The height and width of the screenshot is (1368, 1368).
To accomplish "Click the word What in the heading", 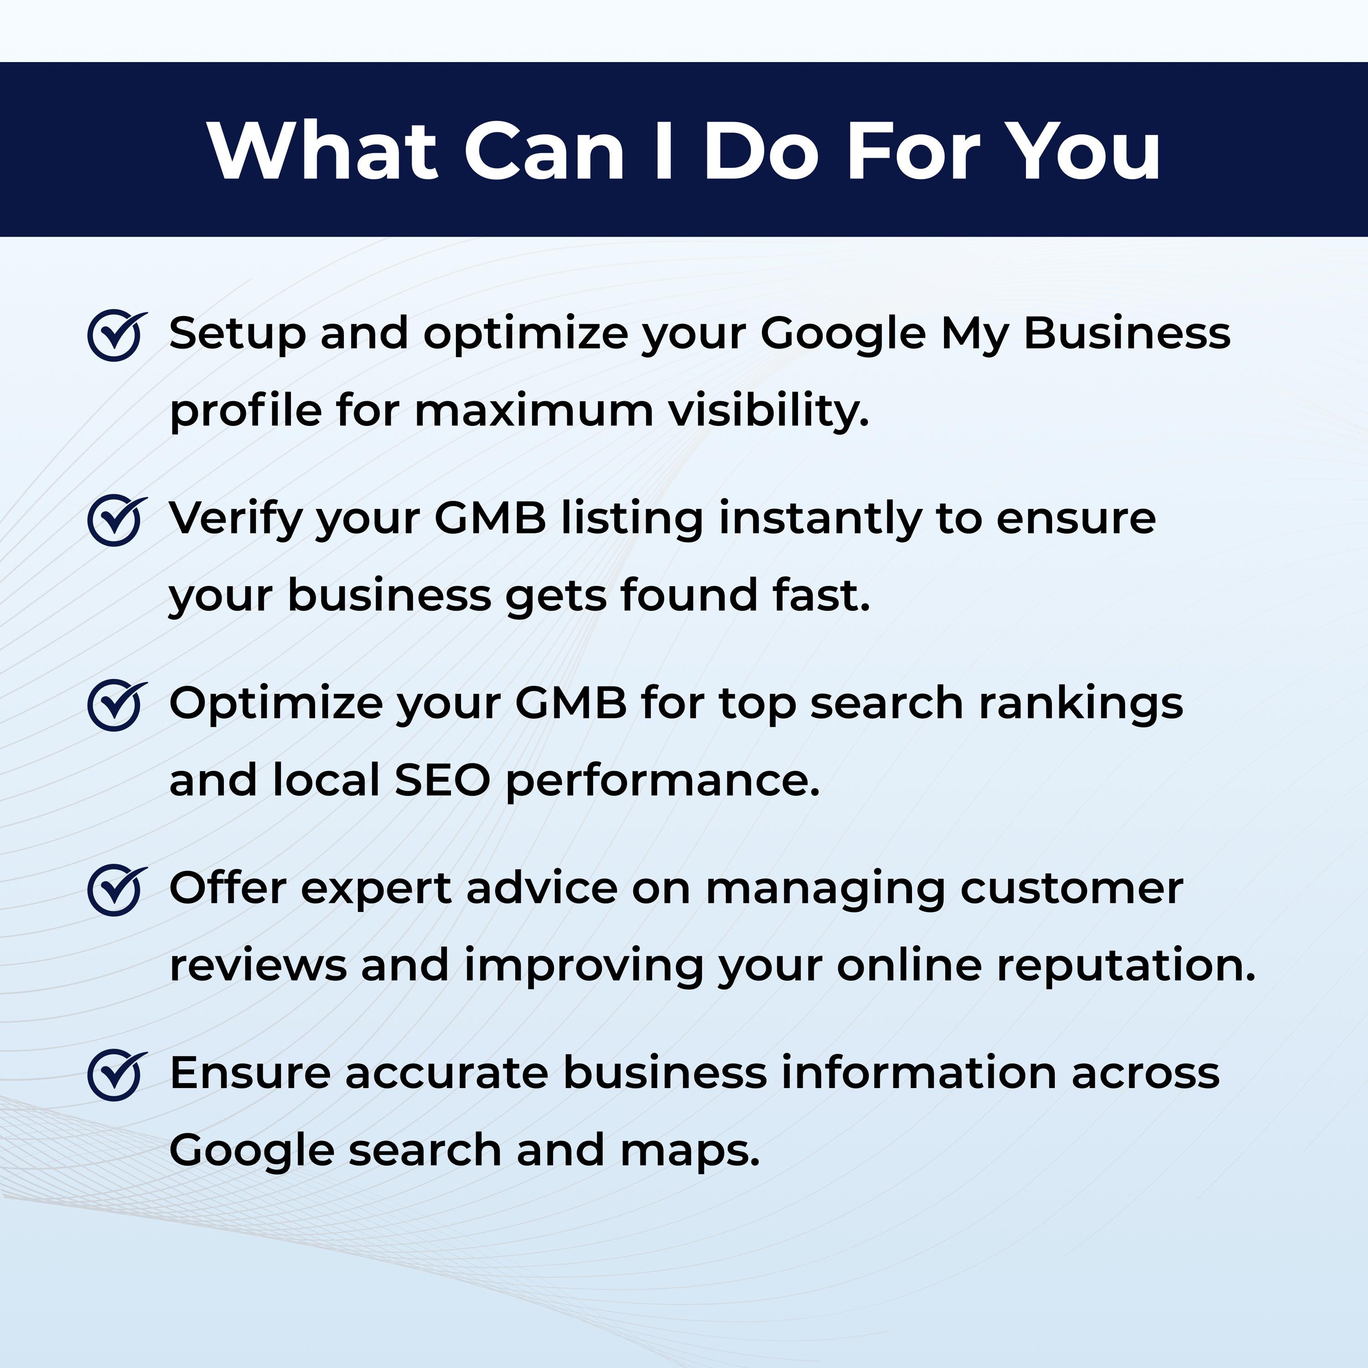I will click(x=323, y=151).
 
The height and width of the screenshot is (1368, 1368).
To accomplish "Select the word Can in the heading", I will click(x=544, y=151).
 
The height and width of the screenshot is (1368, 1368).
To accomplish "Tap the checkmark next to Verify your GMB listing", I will click(x=115, y=520).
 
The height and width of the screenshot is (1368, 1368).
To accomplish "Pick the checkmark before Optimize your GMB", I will click(x=115, y=705).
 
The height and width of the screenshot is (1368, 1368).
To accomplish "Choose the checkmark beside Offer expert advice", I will click(x=115, y=890).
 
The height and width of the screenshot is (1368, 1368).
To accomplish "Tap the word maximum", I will click(x=534, y=411).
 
